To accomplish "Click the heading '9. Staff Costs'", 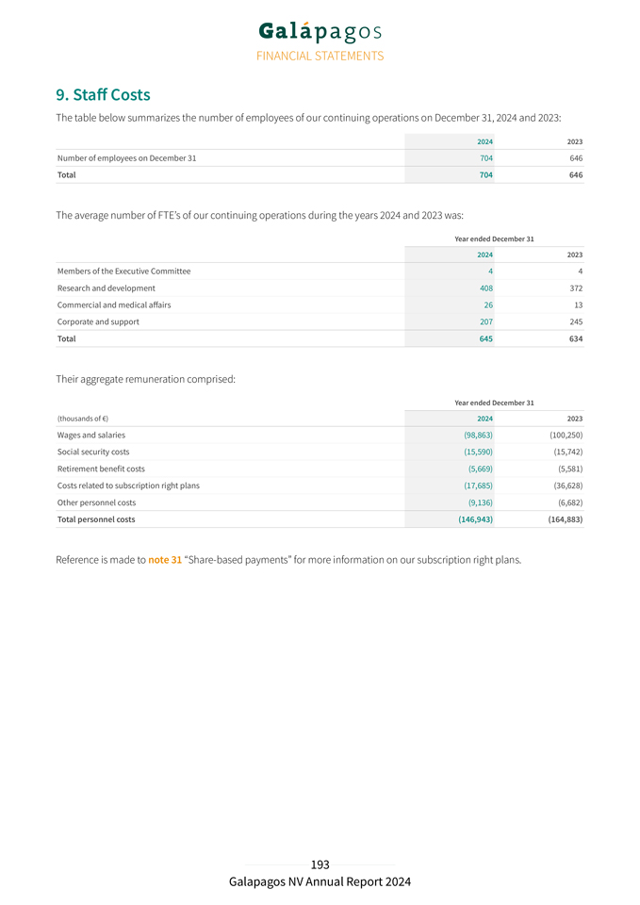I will click(103, 95).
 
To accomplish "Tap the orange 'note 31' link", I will click(165, 560).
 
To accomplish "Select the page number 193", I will click(320, 864).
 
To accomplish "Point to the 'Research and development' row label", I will click(107, 288).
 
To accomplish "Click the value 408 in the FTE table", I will click(484, 288).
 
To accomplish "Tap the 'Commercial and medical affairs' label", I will click(114, 304).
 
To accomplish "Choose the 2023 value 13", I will click(576, 304).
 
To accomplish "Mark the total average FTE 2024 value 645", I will click(484, 338).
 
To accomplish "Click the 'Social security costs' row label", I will click(93, 452).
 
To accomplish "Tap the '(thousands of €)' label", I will click(83, 419).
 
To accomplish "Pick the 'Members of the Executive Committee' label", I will click(123, 271).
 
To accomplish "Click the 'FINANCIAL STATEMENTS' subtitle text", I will click(320, 56).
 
